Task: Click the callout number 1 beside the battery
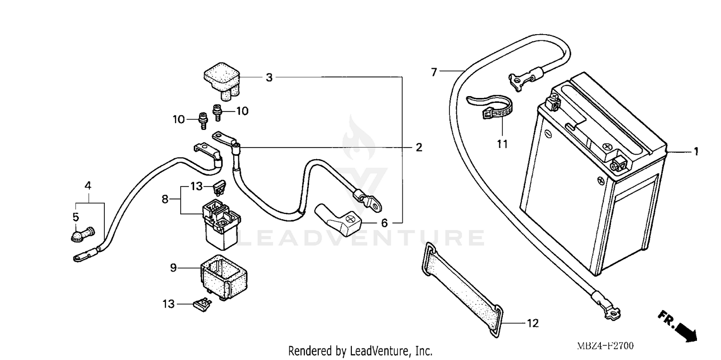(695, 152)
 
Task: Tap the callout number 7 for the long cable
(434, 73)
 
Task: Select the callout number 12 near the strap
(532, 323)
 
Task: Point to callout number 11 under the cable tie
(502, 144)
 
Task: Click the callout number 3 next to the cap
(269, 77)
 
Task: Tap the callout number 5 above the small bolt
(75, 217)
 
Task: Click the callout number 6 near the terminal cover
(384, 223)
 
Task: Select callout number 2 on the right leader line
(419, 148)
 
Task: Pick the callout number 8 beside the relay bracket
(165, 198)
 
